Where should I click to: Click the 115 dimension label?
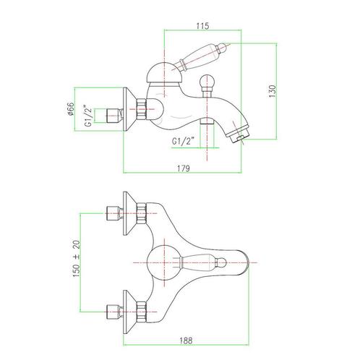[202, 26]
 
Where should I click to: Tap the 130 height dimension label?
[272, 91]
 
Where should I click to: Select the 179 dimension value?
[184, 168]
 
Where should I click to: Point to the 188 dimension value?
[186, 340]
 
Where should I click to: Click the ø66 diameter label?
[70, 108]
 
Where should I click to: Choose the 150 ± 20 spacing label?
[77, 259]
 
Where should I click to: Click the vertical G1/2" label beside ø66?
[88, 116]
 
